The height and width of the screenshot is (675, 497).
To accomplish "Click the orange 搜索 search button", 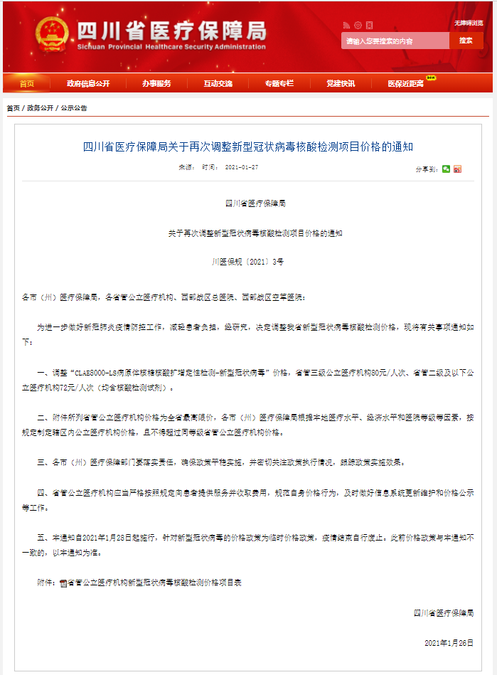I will [466, 41].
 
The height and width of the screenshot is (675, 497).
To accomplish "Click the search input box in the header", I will [395, 41].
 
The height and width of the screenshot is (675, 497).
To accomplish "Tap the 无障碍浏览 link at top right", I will [469, 23].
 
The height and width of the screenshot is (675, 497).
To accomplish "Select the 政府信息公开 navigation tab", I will [88, 84].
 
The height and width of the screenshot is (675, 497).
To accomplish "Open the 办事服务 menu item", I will [156, 84].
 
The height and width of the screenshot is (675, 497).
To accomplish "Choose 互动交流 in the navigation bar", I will [218, 84].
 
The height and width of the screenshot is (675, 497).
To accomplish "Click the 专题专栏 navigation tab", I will [279, 84].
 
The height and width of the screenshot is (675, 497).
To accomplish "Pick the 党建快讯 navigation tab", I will [341, 84].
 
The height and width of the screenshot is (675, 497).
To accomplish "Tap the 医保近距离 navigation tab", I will [406, 84].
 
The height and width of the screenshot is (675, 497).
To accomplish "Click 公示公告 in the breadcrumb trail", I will [74, 108].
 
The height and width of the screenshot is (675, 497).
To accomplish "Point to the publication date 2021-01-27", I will [241, 167].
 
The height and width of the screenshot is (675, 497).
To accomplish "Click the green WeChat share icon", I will [446, 169].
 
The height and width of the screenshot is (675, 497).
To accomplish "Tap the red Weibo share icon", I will [457, 169].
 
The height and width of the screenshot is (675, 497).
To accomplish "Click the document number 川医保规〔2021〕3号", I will [247, 262].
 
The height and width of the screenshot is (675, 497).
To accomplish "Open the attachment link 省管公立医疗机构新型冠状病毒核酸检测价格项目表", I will [154, 582].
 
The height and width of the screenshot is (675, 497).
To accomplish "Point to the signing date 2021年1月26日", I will [448, 642].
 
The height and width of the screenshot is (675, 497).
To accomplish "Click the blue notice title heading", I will [248, 147].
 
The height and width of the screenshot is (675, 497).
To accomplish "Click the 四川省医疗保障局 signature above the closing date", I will [443, 612].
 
